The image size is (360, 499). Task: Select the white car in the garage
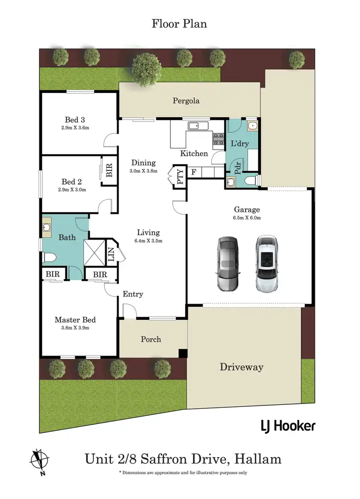tap(266, 264)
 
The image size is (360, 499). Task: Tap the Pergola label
tap(186, 101)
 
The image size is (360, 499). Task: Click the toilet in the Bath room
tap(50, 258)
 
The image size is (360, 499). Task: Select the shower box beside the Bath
tap(95, 251)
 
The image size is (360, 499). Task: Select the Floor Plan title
tap(179, 23)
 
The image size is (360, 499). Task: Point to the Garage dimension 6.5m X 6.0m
tap(247, 218)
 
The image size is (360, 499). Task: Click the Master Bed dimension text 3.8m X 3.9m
tap(75, 329)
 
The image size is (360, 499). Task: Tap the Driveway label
tap(241, 367)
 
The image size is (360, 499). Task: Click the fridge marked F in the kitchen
tap(193, 171)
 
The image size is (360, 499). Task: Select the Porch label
tap(151, 339)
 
